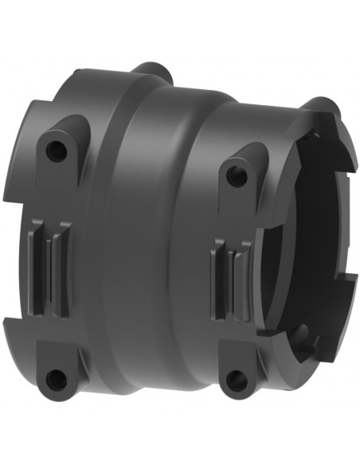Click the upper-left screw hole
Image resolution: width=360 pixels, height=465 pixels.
55,149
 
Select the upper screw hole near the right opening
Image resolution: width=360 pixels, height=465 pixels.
237,177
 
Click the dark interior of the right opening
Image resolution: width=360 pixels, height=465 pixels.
307,239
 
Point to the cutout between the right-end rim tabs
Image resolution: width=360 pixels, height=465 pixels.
350,239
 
